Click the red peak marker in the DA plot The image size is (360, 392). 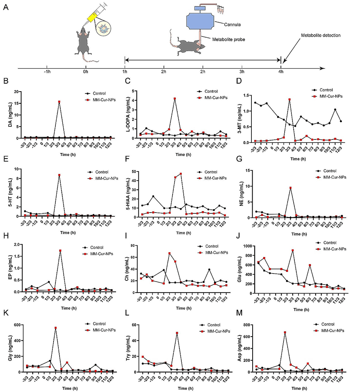(59, 102)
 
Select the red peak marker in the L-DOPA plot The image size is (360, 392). (175, 99)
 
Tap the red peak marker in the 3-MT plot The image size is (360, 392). (290, 100)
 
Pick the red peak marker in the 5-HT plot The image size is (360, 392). (59, 175)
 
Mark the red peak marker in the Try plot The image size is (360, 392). (176, 333)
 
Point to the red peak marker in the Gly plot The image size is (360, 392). (55, 328)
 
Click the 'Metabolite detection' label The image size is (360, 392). (320, 35)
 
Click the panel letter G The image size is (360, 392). (244, 163)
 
